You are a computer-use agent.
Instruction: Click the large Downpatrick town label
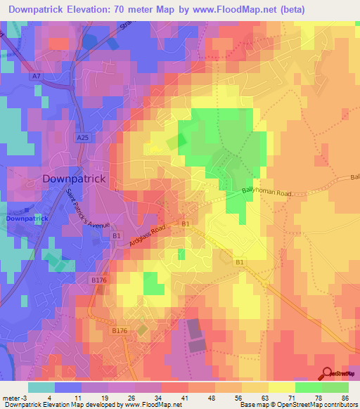click(74, 178)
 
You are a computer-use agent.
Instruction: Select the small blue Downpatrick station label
click(27, 219)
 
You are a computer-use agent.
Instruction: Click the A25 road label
click(82, 139)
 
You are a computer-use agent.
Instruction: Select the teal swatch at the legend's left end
click(41, 387)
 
